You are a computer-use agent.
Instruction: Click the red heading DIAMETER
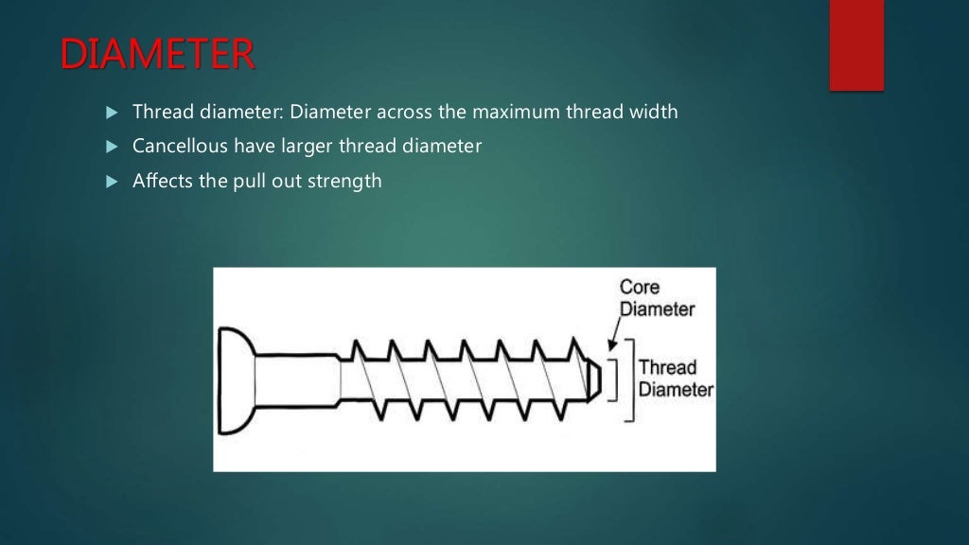tap(158, 55)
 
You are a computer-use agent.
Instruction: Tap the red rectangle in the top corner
tap(856, 44)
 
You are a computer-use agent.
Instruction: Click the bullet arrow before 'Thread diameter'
tap(111, 113)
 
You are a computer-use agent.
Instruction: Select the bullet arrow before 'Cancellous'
tap(111, 148)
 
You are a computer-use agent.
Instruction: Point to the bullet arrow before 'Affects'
tap(111, 182)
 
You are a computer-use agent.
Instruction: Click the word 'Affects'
tap(163, 181)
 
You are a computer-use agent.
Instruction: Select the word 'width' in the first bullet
tap(653, 112)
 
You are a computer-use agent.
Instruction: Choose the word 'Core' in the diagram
tap(640, 287)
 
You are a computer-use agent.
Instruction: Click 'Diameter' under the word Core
tap(657, 308)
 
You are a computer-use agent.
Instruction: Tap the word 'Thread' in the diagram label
tap(667, 367)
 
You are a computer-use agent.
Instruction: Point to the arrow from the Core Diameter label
tap(613, 335)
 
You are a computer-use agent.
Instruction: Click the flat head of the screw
tap(232, 380)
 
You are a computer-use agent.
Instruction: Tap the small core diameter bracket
tap(615, 379)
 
